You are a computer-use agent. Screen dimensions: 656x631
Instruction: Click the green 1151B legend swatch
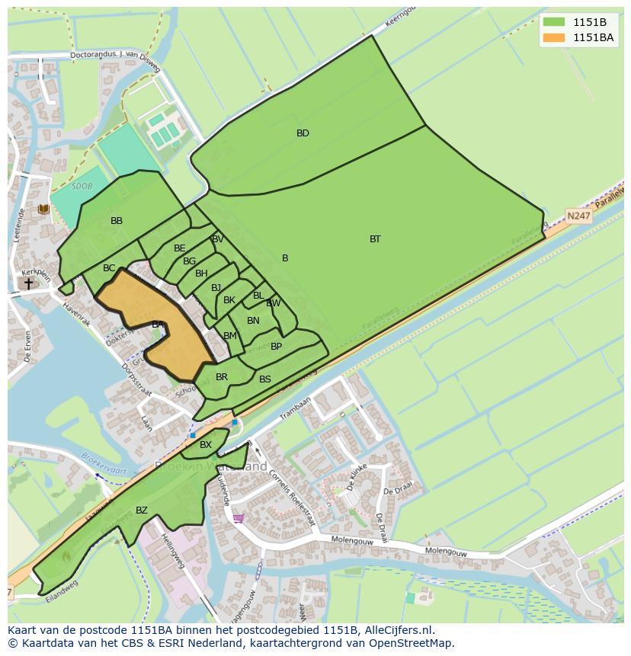pos(553,21)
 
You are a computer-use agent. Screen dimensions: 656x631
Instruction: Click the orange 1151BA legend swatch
pos(553,37)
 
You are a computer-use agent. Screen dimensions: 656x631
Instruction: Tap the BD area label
pos(303,133)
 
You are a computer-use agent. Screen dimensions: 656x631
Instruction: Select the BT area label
pos(375,239)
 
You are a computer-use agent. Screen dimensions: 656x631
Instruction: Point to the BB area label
pos(117,221)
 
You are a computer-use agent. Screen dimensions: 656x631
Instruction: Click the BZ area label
pos(142,510)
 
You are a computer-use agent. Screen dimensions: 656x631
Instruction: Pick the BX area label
pos(206,445)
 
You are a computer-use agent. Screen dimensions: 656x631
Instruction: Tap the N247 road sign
pos(578,216)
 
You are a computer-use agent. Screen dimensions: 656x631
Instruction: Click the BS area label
pos(265,379)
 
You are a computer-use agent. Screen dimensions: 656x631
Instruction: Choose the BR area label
pos(222,377)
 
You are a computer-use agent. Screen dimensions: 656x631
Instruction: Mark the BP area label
pos(276,347)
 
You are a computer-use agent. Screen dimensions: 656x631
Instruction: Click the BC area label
pos(109,268)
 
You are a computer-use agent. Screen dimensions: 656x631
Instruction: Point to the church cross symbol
pos(29,283)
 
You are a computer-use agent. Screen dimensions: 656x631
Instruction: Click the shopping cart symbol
pos(238,519)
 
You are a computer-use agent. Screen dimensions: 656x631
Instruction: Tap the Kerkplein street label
pos(35,271)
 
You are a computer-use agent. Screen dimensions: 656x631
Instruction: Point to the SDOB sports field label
pos(80,186)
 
